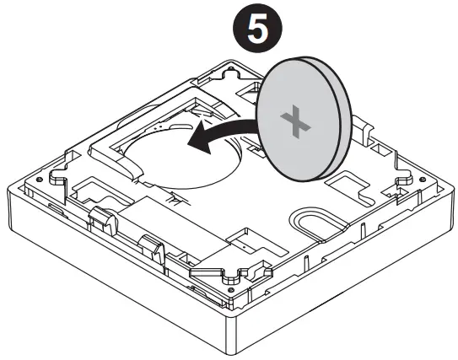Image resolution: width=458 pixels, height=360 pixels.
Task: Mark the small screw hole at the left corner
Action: click(57, 180)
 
